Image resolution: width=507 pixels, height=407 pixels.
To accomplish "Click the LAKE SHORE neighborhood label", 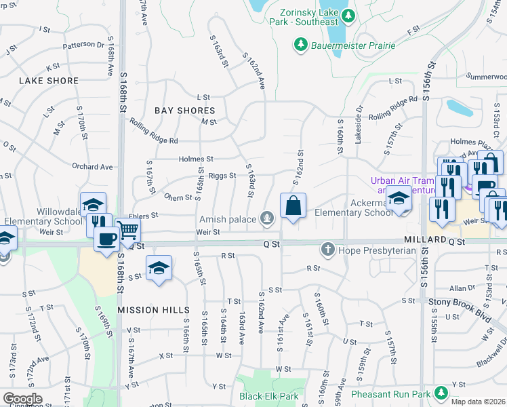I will tap(49, 81).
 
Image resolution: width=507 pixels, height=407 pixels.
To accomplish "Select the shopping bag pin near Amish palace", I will tap(293, 206).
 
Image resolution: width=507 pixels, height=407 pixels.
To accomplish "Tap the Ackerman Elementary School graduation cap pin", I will tap(399, 199).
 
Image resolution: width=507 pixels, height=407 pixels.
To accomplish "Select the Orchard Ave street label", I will tap(92, 166).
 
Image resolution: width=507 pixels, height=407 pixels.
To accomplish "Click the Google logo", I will tap(22, 399).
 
